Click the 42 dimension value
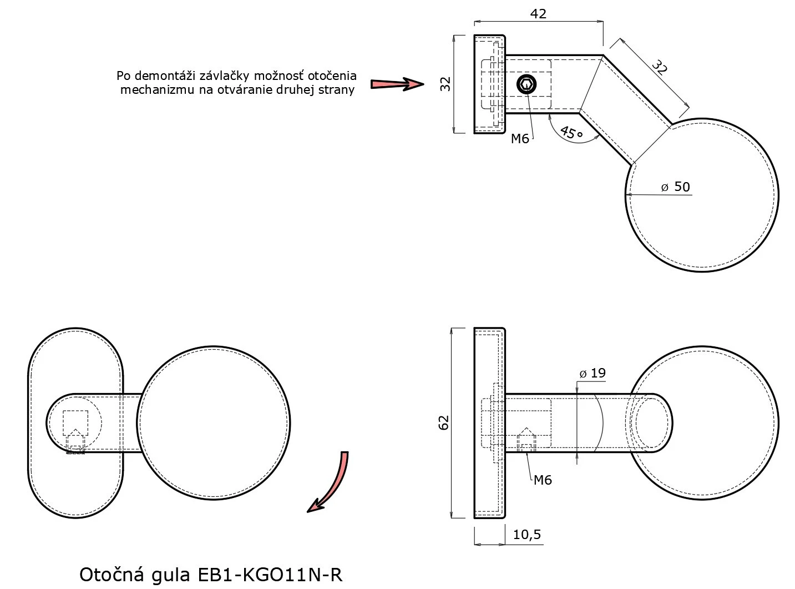click(x=538, y=14)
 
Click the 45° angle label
click(x=571, y=132)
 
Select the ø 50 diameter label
click(x=675, y=187)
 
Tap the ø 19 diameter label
click(x=593, y=373)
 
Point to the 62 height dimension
click(x=444, y=422)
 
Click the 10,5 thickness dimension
click(x=527, y=535)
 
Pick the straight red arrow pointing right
click(x=397, y=84)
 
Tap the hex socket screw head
click(x=526, y=84)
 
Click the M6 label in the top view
click(x=520, y=138)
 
